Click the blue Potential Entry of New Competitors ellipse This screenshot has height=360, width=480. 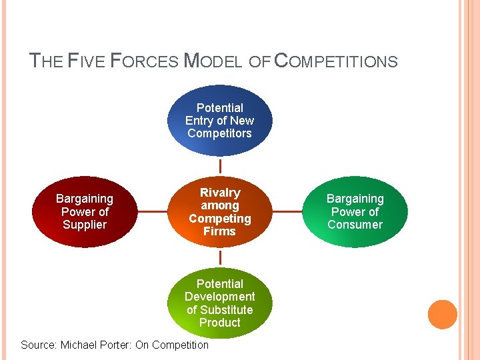[x=219, y=120]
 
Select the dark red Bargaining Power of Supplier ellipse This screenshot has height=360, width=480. [x=85, y=211]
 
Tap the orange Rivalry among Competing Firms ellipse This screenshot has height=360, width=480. [x=219, y=211]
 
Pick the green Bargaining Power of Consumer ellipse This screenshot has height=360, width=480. [x=355, y=211]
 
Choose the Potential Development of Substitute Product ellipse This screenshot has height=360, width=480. [x=219, y=303]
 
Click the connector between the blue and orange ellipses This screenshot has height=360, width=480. [x=219, y=165]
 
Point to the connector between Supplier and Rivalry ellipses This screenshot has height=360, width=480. [x=152, y=212]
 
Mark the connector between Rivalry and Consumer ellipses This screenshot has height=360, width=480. [x=287, y=212]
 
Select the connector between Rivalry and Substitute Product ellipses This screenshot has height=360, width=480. [x=219, y=257]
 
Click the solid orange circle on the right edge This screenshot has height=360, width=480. [x=443, y=315]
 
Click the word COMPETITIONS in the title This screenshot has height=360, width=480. [x=336, y=62]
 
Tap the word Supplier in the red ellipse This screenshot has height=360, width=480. [x=85, y=225]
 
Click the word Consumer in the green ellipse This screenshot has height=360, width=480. [x=355, y=225]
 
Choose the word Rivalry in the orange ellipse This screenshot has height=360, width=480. [x=219, y=193]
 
